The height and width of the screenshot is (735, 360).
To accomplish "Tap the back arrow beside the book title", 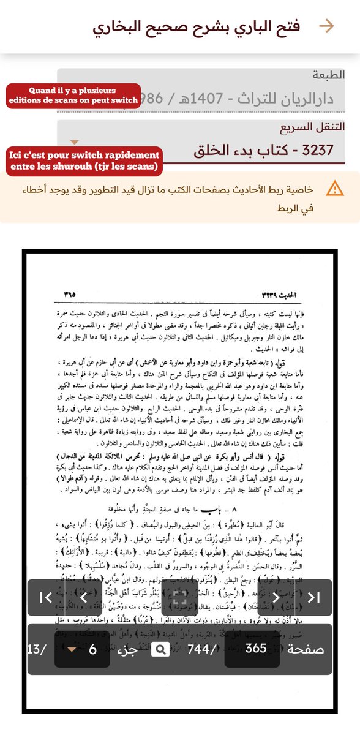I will (x=327, y=26).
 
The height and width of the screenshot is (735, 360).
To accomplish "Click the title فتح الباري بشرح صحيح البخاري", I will (x=197, y=27).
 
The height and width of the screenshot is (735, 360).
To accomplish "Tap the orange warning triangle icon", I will (x=335, y=189).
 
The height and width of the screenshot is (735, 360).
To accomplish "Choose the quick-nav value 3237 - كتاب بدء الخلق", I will (x=258, y=151).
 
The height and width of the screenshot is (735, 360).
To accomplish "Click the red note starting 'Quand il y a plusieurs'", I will (x=72, y=96).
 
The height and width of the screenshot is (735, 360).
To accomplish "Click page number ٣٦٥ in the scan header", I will (x=69, y=294).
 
